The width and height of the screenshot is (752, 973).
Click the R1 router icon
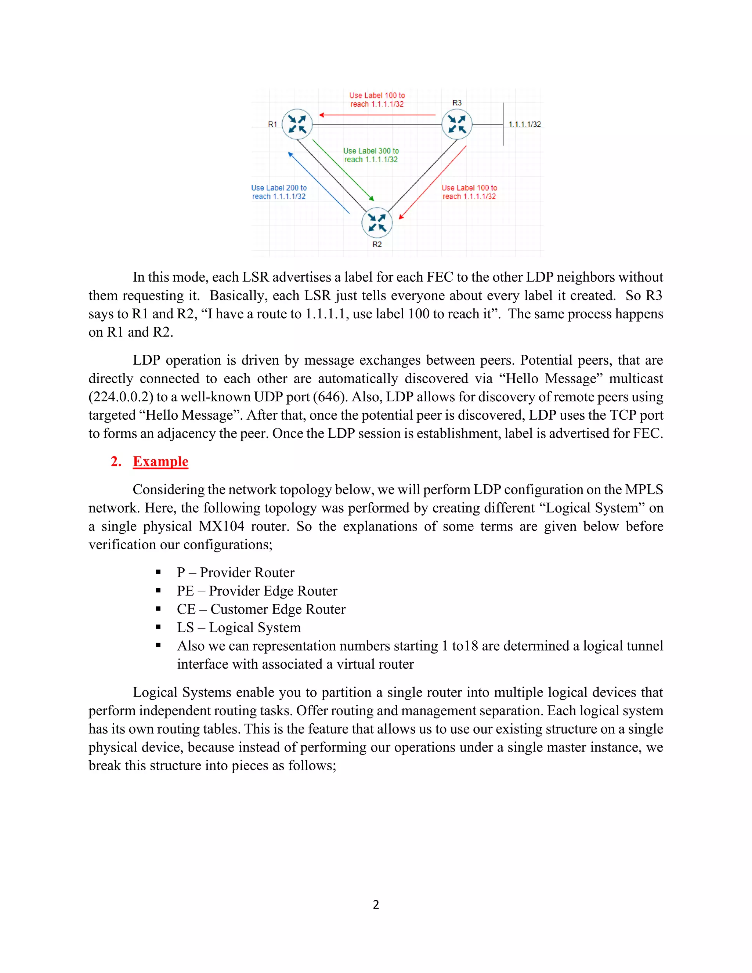coord(297,124)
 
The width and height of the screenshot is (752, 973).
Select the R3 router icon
coord(457,124)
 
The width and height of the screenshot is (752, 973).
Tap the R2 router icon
coord(377,223)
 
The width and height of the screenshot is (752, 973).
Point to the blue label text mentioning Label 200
coord(279,192)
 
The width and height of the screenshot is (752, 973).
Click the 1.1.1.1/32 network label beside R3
coord(524,124)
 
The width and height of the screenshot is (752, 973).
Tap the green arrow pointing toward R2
coord(343,170)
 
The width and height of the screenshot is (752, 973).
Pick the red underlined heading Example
coord(160,461)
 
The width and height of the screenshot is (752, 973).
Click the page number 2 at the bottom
coord(376,904)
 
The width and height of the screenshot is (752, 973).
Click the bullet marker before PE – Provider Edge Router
coord(158,591)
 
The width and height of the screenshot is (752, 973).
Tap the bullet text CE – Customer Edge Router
coord(261,609)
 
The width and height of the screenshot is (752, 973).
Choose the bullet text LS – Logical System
coord(239,627)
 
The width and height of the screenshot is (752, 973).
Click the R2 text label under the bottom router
coord(377,244)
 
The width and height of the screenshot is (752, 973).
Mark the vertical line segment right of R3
coord(503,124)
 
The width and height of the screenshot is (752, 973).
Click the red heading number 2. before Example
coord(116,461)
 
